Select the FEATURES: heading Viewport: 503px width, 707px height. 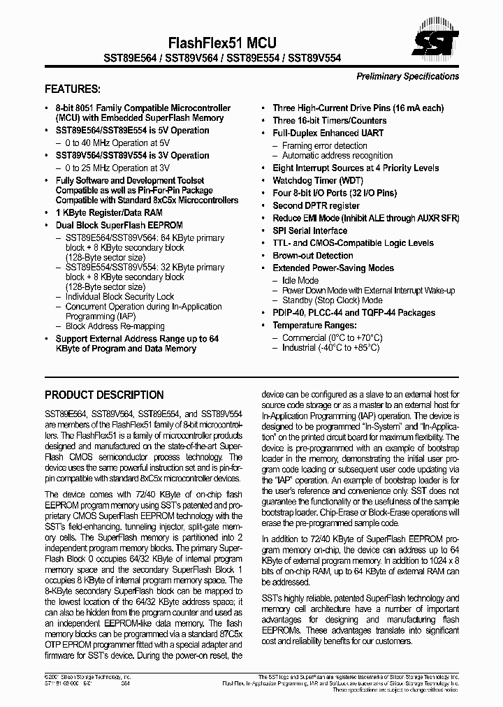73,89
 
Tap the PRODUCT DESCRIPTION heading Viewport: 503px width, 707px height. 104,395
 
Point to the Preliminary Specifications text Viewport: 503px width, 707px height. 407,76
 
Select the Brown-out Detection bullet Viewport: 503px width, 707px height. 312,256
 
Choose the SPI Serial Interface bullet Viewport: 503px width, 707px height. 309,231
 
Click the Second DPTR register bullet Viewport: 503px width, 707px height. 316,205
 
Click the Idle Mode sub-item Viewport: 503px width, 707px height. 300,280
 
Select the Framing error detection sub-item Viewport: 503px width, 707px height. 324,145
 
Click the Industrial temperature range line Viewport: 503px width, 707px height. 330,347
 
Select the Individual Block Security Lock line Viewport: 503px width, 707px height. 119,297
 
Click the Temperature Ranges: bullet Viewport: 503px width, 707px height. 314,326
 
